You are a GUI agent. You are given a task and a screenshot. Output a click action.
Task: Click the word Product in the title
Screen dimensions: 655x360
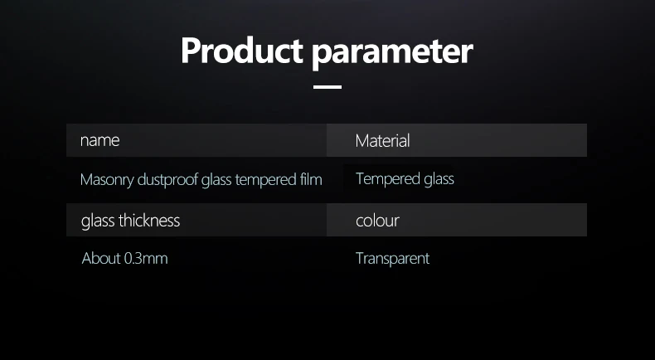coord(242,51)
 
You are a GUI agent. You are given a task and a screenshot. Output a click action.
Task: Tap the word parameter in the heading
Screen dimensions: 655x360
coord(393,54)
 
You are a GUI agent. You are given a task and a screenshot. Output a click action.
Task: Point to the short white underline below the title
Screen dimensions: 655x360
coord(327,87)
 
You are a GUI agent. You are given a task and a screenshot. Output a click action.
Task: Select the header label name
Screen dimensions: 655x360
coord(99,140)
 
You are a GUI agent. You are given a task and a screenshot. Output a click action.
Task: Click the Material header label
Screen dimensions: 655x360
coord(383,140)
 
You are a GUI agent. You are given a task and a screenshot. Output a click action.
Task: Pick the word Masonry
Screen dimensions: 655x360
coord(107,180)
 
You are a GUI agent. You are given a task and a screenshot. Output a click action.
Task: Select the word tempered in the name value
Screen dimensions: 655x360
coord(265,180)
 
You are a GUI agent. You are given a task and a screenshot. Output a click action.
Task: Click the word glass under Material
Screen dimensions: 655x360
coord(439,179)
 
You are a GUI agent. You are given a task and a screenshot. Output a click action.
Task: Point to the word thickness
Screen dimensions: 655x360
coord(149,221)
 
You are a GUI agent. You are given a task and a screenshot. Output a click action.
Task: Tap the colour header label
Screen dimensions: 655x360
coord(377,221)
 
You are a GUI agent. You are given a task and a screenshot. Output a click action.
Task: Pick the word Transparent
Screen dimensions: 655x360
coord(393,259)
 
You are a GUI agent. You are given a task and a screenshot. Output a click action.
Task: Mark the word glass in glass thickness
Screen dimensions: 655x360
coord(98,221)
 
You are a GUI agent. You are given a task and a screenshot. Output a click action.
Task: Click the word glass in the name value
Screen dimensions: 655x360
coord(216,180)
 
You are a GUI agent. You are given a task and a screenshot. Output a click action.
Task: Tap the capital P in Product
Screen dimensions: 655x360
coord(191,51)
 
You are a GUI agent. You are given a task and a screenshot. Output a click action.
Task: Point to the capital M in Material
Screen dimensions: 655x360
coord(361,141)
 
